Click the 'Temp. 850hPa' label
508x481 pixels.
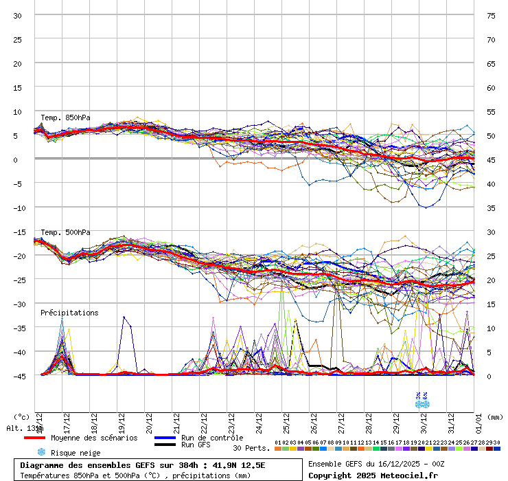click(x=65, y=118)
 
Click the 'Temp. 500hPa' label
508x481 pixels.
click(x=65, y=233)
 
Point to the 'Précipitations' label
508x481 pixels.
click(x=69, y=313)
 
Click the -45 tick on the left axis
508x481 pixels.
click(x=17, y=376)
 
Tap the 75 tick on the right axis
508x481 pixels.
click(x=491, y=15)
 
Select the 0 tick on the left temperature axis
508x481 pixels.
click(x=17, y=159)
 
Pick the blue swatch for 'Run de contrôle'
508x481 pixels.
click(x=165, y=438)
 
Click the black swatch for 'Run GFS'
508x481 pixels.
click(x=165, y=445)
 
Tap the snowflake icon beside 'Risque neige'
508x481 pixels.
click(x=41, y=452)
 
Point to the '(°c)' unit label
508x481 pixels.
click(x=21, y=417)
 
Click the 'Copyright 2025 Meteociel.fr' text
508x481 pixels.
click(x=373, y=475)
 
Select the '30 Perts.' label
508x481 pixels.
click(x=251, y=448)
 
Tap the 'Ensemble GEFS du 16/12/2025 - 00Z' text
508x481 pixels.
click(x=376, y=464)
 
